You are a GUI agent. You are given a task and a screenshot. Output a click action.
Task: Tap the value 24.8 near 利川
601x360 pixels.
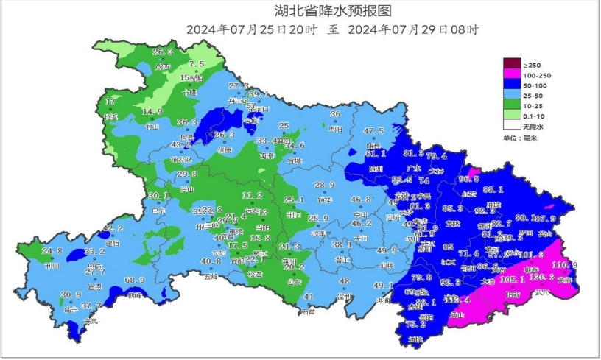[52, 252]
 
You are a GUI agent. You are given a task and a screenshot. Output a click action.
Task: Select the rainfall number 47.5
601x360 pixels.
[374, 132]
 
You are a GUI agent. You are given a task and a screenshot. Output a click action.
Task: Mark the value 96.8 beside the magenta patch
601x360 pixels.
[469, 179]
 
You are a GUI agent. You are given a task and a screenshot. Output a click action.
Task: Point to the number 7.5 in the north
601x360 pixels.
[196, 64]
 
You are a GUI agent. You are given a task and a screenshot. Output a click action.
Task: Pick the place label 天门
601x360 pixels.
[361, 239]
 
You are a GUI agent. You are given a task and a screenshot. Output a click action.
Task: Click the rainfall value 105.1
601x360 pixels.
[511, 280]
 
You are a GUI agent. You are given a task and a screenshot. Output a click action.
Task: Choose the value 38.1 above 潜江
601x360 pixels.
[342, 244]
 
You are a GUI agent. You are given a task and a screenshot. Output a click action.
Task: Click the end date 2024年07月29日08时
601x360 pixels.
[413, 30]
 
